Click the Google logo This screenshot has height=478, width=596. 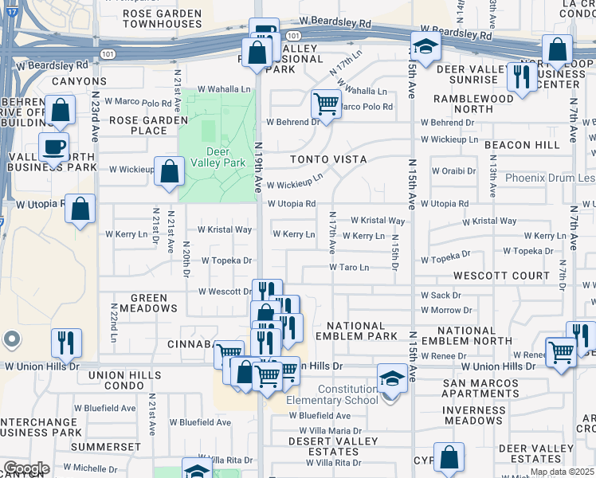tap(25, 468)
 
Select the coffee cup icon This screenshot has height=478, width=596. tap(54, 147)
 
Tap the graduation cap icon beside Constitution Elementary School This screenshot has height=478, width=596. tap(392, 377)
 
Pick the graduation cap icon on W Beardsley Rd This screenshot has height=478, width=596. tap(425, 47)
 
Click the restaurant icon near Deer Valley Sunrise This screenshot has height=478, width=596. tap(522, 76)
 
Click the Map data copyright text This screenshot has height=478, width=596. tap(563, 472)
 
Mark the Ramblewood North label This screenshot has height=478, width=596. tap(473, 104)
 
